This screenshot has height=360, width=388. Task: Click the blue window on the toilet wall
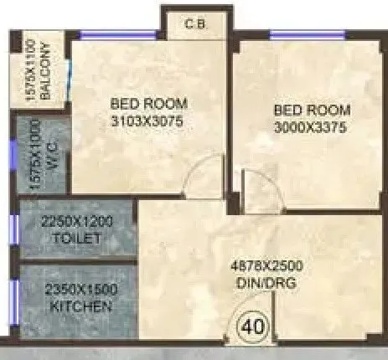pos(13,229)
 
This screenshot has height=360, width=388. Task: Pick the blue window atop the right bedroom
pos(306,33)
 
